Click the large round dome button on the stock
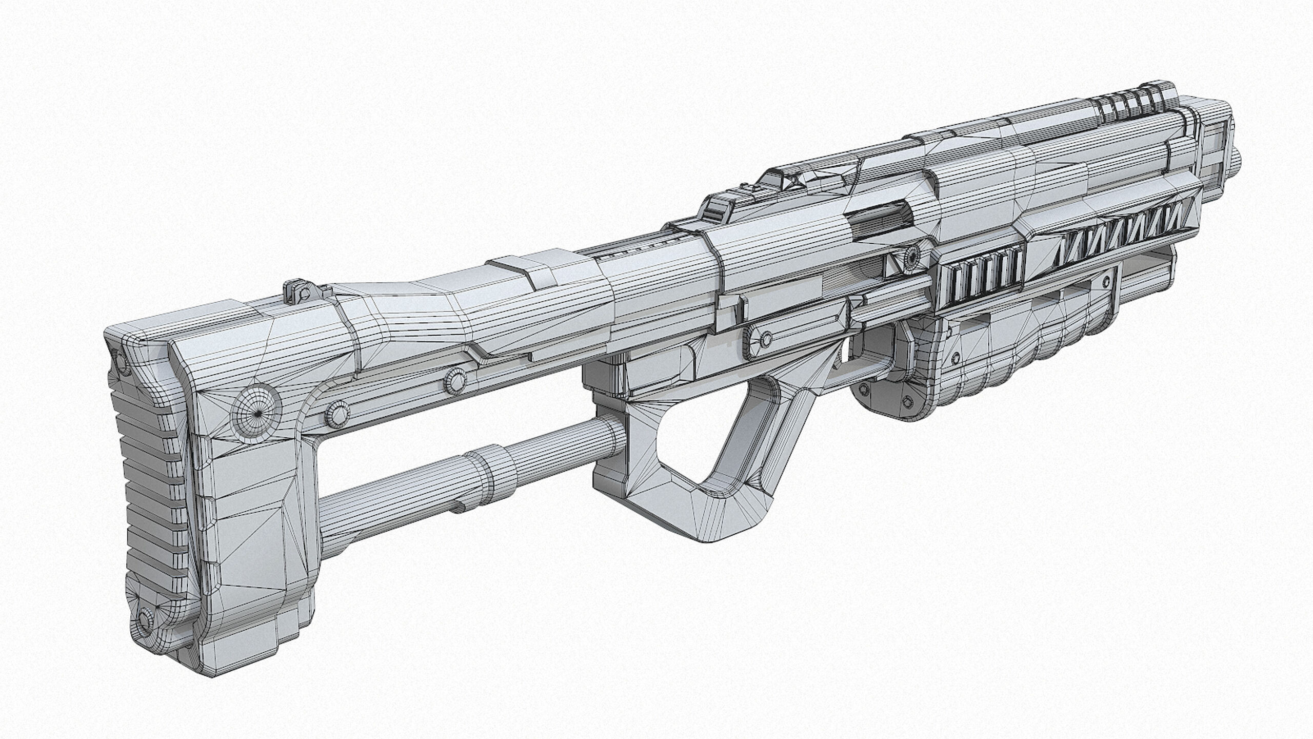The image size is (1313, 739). tap(256, 413)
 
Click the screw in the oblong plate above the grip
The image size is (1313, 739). tap(766, 339)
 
